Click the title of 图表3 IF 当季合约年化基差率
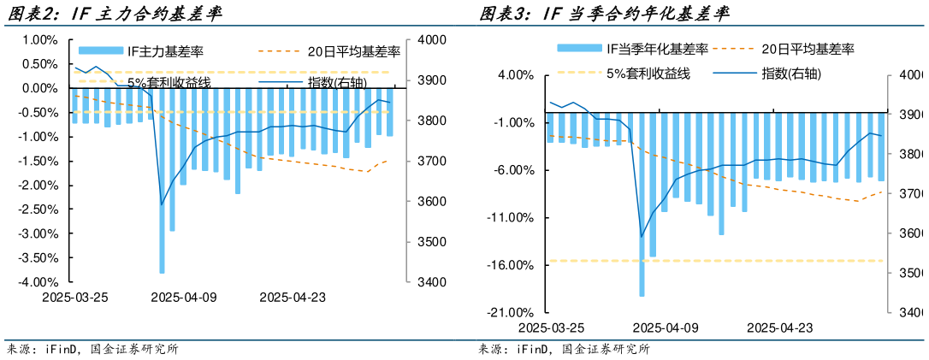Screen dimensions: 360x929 coord(604,13)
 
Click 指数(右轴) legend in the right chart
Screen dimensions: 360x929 coord(791,73)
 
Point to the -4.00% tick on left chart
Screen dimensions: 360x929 coord(39,282)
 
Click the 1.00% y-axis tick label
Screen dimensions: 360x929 coord(39,40)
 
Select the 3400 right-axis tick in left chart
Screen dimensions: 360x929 coord(433,282)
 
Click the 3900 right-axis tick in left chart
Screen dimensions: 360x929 coord(433,80)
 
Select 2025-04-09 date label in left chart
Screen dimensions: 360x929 coord(185,298)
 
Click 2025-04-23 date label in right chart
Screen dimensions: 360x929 coord(779,328)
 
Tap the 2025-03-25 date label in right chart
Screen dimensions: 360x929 coord(552,328)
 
